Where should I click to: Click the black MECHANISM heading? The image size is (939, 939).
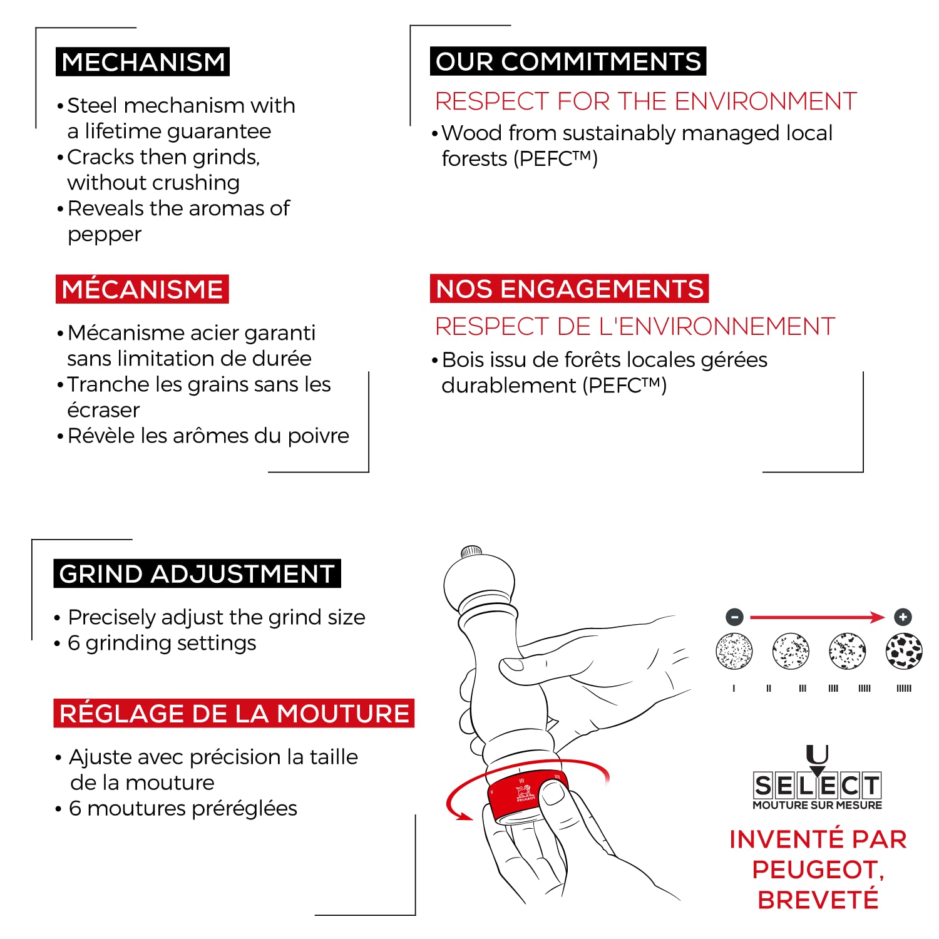click(143, 62)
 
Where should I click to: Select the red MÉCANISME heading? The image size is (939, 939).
click(142, 289)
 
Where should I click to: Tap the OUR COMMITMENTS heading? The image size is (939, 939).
click(568, 61)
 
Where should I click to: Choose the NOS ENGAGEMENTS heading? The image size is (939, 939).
click(569, 289)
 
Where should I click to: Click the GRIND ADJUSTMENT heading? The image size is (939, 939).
click(197, 573)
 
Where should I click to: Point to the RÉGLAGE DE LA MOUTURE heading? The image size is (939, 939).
click(234, 713)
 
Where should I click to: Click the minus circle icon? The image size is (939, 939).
click(734, 617)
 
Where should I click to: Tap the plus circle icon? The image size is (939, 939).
click(903, 617)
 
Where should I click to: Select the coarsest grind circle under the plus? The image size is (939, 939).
click(904, 651)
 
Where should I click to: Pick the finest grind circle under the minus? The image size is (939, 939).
click(734, 651)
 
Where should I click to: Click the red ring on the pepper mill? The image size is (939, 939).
click(528, 796)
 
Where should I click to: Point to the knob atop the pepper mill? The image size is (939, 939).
click(471, 552)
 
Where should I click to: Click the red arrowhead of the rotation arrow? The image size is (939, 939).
click(464, 815)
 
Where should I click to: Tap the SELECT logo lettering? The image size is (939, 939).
click(818, 785)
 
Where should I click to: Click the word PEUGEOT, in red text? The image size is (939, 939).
click(818, 870)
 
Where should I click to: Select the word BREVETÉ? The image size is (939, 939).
click(818, 900)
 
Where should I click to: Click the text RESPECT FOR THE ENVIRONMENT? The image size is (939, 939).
click(646, 101)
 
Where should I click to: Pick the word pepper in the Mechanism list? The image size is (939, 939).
click(105, 235)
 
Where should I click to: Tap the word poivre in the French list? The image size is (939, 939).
click(318, 436)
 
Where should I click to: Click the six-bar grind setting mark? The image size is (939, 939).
click(904, 688)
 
